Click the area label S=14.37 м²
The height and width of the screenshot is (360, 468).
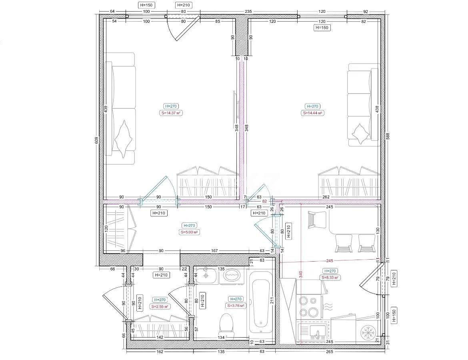coord(171,113)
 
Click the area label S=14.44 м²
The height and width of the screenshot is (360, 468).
coord(312,113)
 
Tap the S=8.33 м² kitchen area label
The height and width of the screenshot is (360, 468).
coord(330,277)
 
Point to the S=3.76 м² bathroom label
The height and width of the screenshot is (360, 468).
coord(236,306)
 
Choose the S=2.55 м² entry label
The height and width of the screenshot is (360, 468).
coord(160,306)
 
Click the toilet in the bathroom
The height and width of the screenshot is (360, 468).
coord(226,324)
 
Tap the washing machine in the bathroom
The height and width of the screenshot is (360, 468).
coord(232,276)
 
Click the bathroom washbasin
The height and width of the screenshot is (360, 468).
coord(206,275)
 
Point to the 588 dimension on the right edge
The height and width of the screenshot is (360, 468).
coord(387,136)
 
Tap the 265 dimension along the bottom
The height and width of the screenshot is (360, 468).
coord(330,352)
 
